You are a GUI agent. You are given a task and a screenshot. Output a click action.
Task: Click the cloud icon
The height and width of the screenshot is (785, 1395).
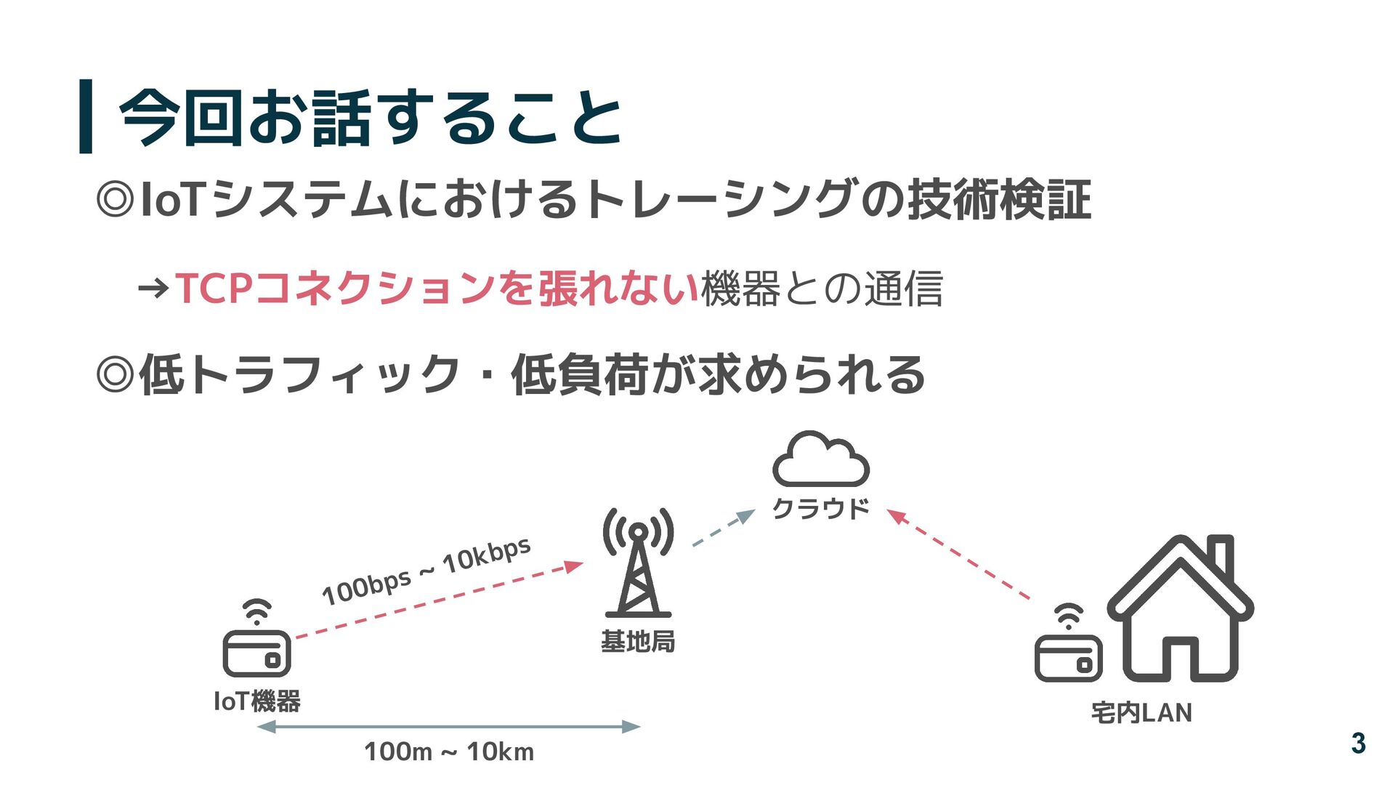click(821, 460)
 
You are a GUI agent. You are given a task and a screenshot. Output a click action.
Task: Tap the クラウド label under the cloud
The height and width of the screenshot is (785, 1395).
click(821, 509)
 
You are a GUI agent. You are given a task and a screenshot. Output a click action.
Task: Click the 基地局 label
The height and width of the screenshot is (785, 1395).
click(638, 641)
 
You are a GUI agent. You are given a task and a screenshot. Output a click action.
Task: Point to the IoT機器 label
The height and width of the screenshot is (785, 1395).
click(257, 701)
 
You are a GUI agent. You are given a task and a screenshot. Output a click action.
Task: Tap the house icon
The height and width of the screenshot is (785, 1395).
click(1181, 611)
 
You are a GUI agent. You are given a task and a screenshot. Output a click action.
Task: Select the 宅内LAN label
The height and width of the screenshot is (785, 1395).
click(1141, 713)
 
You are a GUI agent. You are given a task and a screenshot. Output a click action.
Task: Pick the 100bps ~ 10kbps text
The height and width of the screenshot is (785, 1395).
click(426, 572)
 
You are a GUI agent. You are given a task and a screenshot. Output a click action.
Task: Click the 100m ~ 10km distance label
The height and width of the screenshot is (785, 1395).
click(449, 752)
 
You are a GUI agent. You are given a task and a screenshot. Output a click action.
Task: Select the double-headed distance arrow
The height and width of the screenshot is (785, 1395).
click(449, 726)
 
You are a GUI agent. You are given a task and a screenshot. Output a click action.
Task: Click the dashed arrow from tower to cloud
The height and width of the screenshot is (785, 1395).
click(723, 528)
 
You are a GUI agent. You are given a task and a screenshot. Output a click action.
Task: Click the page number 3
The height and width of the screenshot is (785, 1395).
click(1358, 743)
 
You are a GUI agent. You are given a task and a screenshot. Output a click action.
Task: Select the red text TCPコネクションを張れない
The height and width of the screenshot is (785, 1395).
click(436, 288)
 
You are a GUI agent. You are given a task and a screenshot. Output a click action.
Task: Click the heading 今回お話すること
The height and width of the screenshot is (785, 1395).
click(371, 118)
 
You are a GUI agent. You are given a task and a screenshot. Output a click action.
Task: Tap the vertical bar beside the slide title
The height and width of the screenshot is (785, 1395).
click(86, 116)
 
